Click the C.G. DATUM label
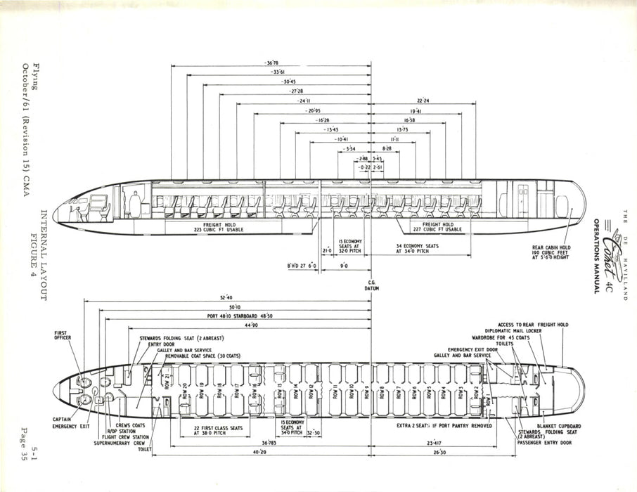click(x=372, y=285)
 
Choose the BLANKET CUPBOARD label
click(x=560, y=426)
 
